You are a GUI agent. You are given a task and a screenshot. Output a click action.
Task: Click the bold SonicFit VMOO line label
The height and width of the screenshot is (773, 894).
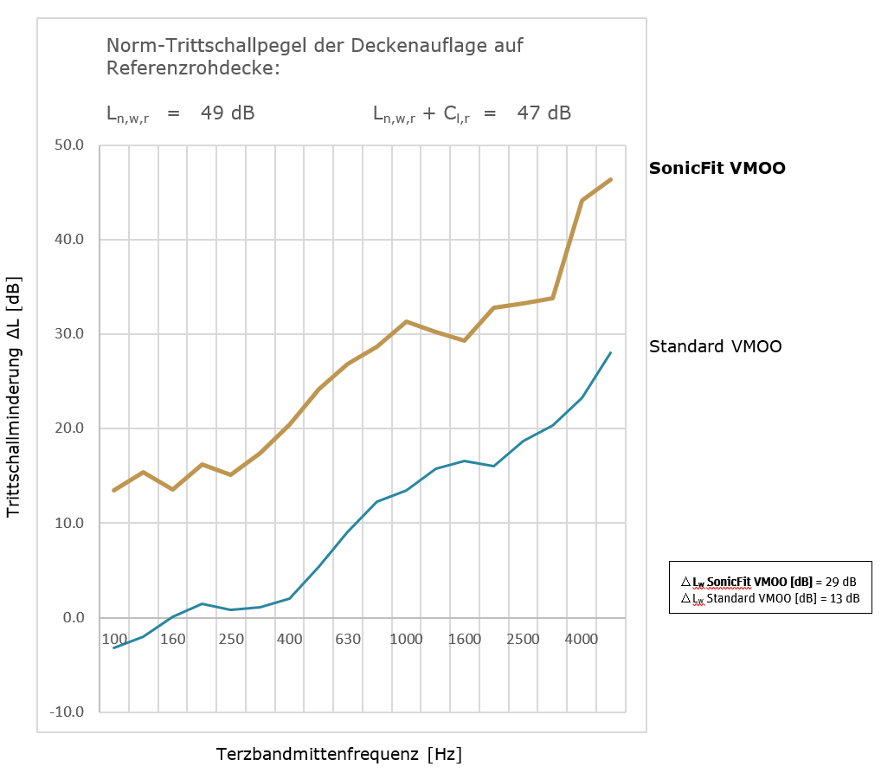coord(717,169)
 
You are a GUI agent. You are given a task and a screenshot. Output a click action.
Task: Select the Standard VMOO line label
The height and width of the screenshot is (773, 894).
coord(715,346)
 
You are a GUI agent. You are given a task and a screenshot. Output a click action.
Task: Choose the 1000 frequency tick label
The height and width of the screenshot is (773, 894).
coord(406,640)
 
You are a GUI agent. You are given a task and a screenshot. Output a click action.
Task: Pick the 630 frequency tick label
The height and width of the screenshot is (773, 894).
coord(347,640)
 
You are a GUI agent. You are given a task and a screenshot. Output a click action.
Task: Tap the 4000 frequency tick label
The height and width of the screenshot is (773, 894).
coord(582,640)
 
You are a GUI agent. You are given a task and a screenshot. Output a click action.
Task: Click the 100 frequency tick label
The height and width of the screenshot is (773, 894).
coord(114,640)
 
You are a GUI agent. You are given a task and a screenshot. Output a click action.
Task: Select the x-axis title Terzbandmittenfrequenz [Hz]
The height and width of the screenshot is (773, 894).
coord(339,754)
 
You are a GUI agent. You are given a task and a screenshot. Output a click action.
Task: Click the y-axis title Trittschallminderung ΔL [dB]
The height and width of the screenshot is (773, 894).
coord(14,397)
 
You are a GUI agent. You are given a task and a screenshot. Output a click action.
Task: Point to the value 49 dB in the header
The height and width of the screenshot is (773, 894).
coord(228,113)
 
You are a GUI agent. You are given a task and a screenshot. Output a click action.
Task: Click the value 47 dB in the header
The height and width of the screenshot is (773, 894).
coord(543,113)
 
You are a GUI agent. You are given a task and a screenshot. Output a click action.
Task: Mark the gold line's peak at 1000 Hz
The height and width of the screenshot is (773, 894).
coord(406,321)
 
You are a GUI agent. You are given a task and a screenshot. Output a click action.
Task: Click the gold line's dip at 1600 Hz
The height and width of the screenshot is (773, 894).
coord(465,340)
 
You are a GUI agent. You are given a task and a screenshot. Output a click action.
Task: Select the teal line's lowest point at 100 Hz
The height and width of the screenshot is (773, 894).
coord(114,647)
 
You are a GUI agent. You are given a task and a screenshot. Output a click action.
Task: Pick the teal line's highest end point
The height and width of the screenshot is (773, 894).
coord(611,352)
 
